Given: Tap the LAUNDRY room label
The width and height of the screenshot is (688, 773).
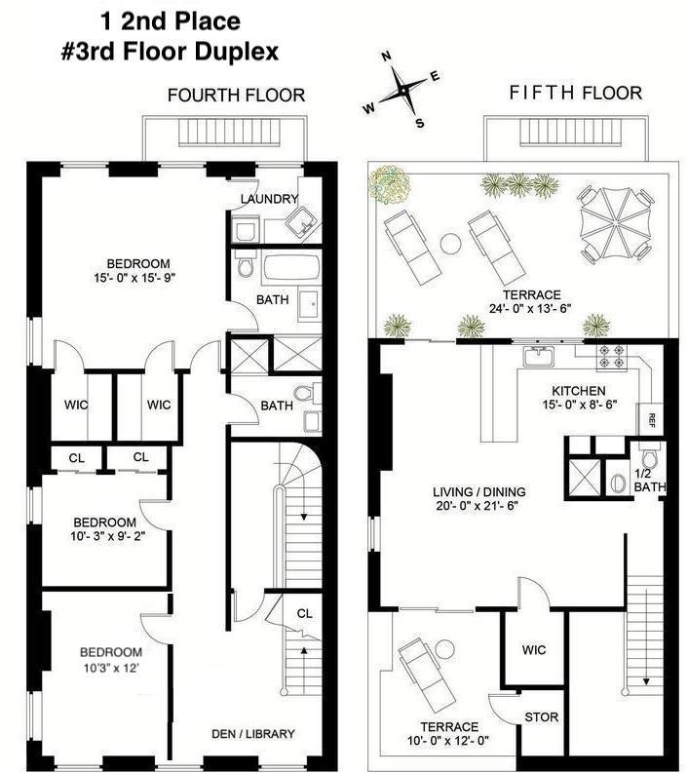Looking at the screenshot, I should (x=269, y=199).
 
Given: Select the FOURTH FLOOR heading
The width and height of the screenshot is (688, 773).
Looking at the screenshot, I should (x=236, y=95).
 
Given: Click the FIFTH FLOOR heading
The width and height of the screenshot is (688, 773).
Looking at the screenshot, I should (x=575, y=94).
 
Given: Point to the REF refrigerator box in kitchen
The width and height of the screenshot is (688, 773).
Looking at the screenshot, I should (x=649, y=420).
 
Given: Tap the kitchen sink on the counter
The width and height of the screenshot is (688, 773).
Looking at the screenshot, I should (x=539, y=357).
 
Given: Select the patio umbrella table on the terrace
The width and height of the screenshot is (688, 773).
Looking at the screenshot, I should (x=611, y=224).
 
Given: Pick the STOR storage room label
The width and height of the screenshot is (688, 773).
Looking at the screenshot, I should (x=541, y=717).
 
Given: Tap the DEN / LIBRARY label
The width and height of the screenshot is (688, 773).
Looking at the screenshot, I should (x=252, y=734).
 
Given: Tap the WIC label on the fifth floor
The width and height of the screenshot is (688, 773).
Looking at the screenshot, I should (x=534, y=650).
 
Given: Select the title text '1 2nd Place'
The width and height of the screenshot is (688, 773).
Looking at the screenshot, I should (x=171, y=19).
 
